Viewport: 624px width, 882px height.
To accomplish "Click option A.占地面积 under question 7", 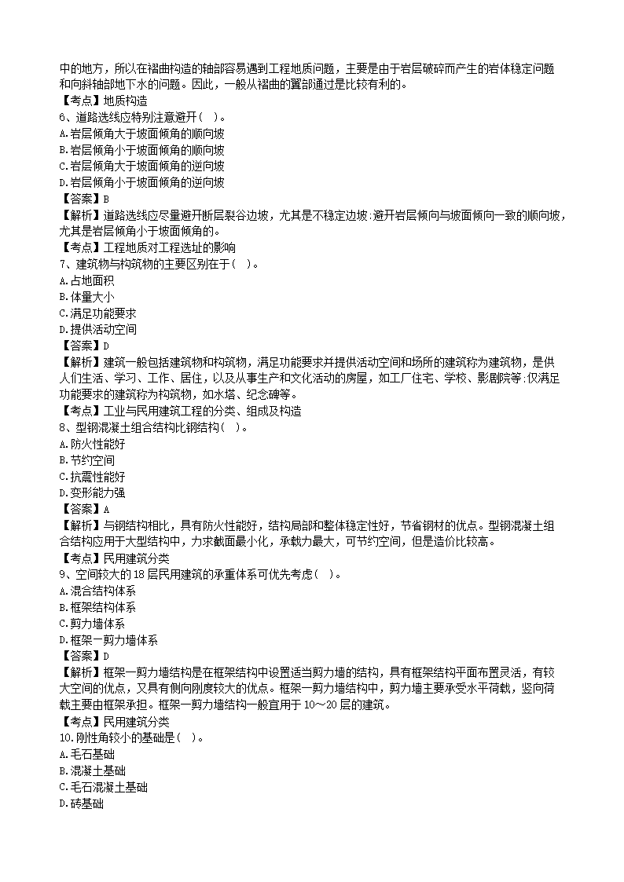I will pyautogui.click(x=86, y=280).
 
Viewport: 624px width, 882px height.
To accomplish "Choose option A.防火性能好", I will pyautogui.click(x=92, y=444).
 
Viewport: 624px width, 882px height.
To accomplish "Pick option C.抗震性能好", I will pyautogui.click(x=92, y=477).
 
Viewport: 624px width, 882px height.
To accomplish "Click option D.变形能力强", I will pyautogui.click(x=92, y=493).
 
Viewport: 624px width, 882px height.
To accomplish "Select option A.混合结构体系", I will pyautogui.click(x=97, y=591).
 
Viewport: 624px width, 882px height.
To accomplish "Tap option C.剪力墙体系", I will pyautogui.click(x=92, y=624).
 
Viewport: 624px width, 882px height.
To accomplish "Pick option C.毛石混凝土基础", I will pyautogui.click(x=103, y=787).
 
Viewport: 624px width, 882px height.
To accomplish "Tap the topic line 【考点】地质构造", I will pyautogui.click(x=103, y=100).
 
